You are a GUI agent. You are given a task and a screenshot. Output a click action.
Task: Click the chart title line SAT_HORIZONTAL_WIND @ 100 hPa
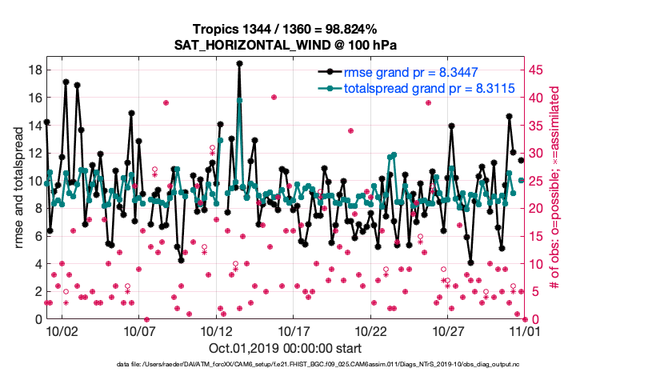pyautogui.click(x=286, y=45)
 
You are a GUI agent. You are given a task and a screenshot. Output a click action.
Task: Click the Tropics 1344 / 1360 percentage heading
pyautogui.click(x=286, y=30)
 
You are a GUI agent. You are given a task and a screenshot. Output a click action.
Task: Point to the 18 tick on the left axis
pyautogui.click(x=34, y=70)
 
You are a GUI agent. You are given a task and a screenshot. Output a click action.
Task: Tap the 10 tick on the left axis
pyautogui.click(x=34, y=181)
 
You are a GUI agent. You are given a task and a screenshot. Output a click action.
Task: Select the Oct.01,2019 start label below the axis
pyautogui.click(x=285, y=349)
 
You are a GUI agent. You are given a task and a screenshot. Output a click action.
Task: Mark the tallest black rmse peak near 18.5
pyautogui.click(x=239, y=63)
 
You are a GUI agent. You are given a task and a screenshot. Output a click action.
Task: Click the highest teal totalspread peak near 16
pyautogui.click(x=239, y=100)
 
